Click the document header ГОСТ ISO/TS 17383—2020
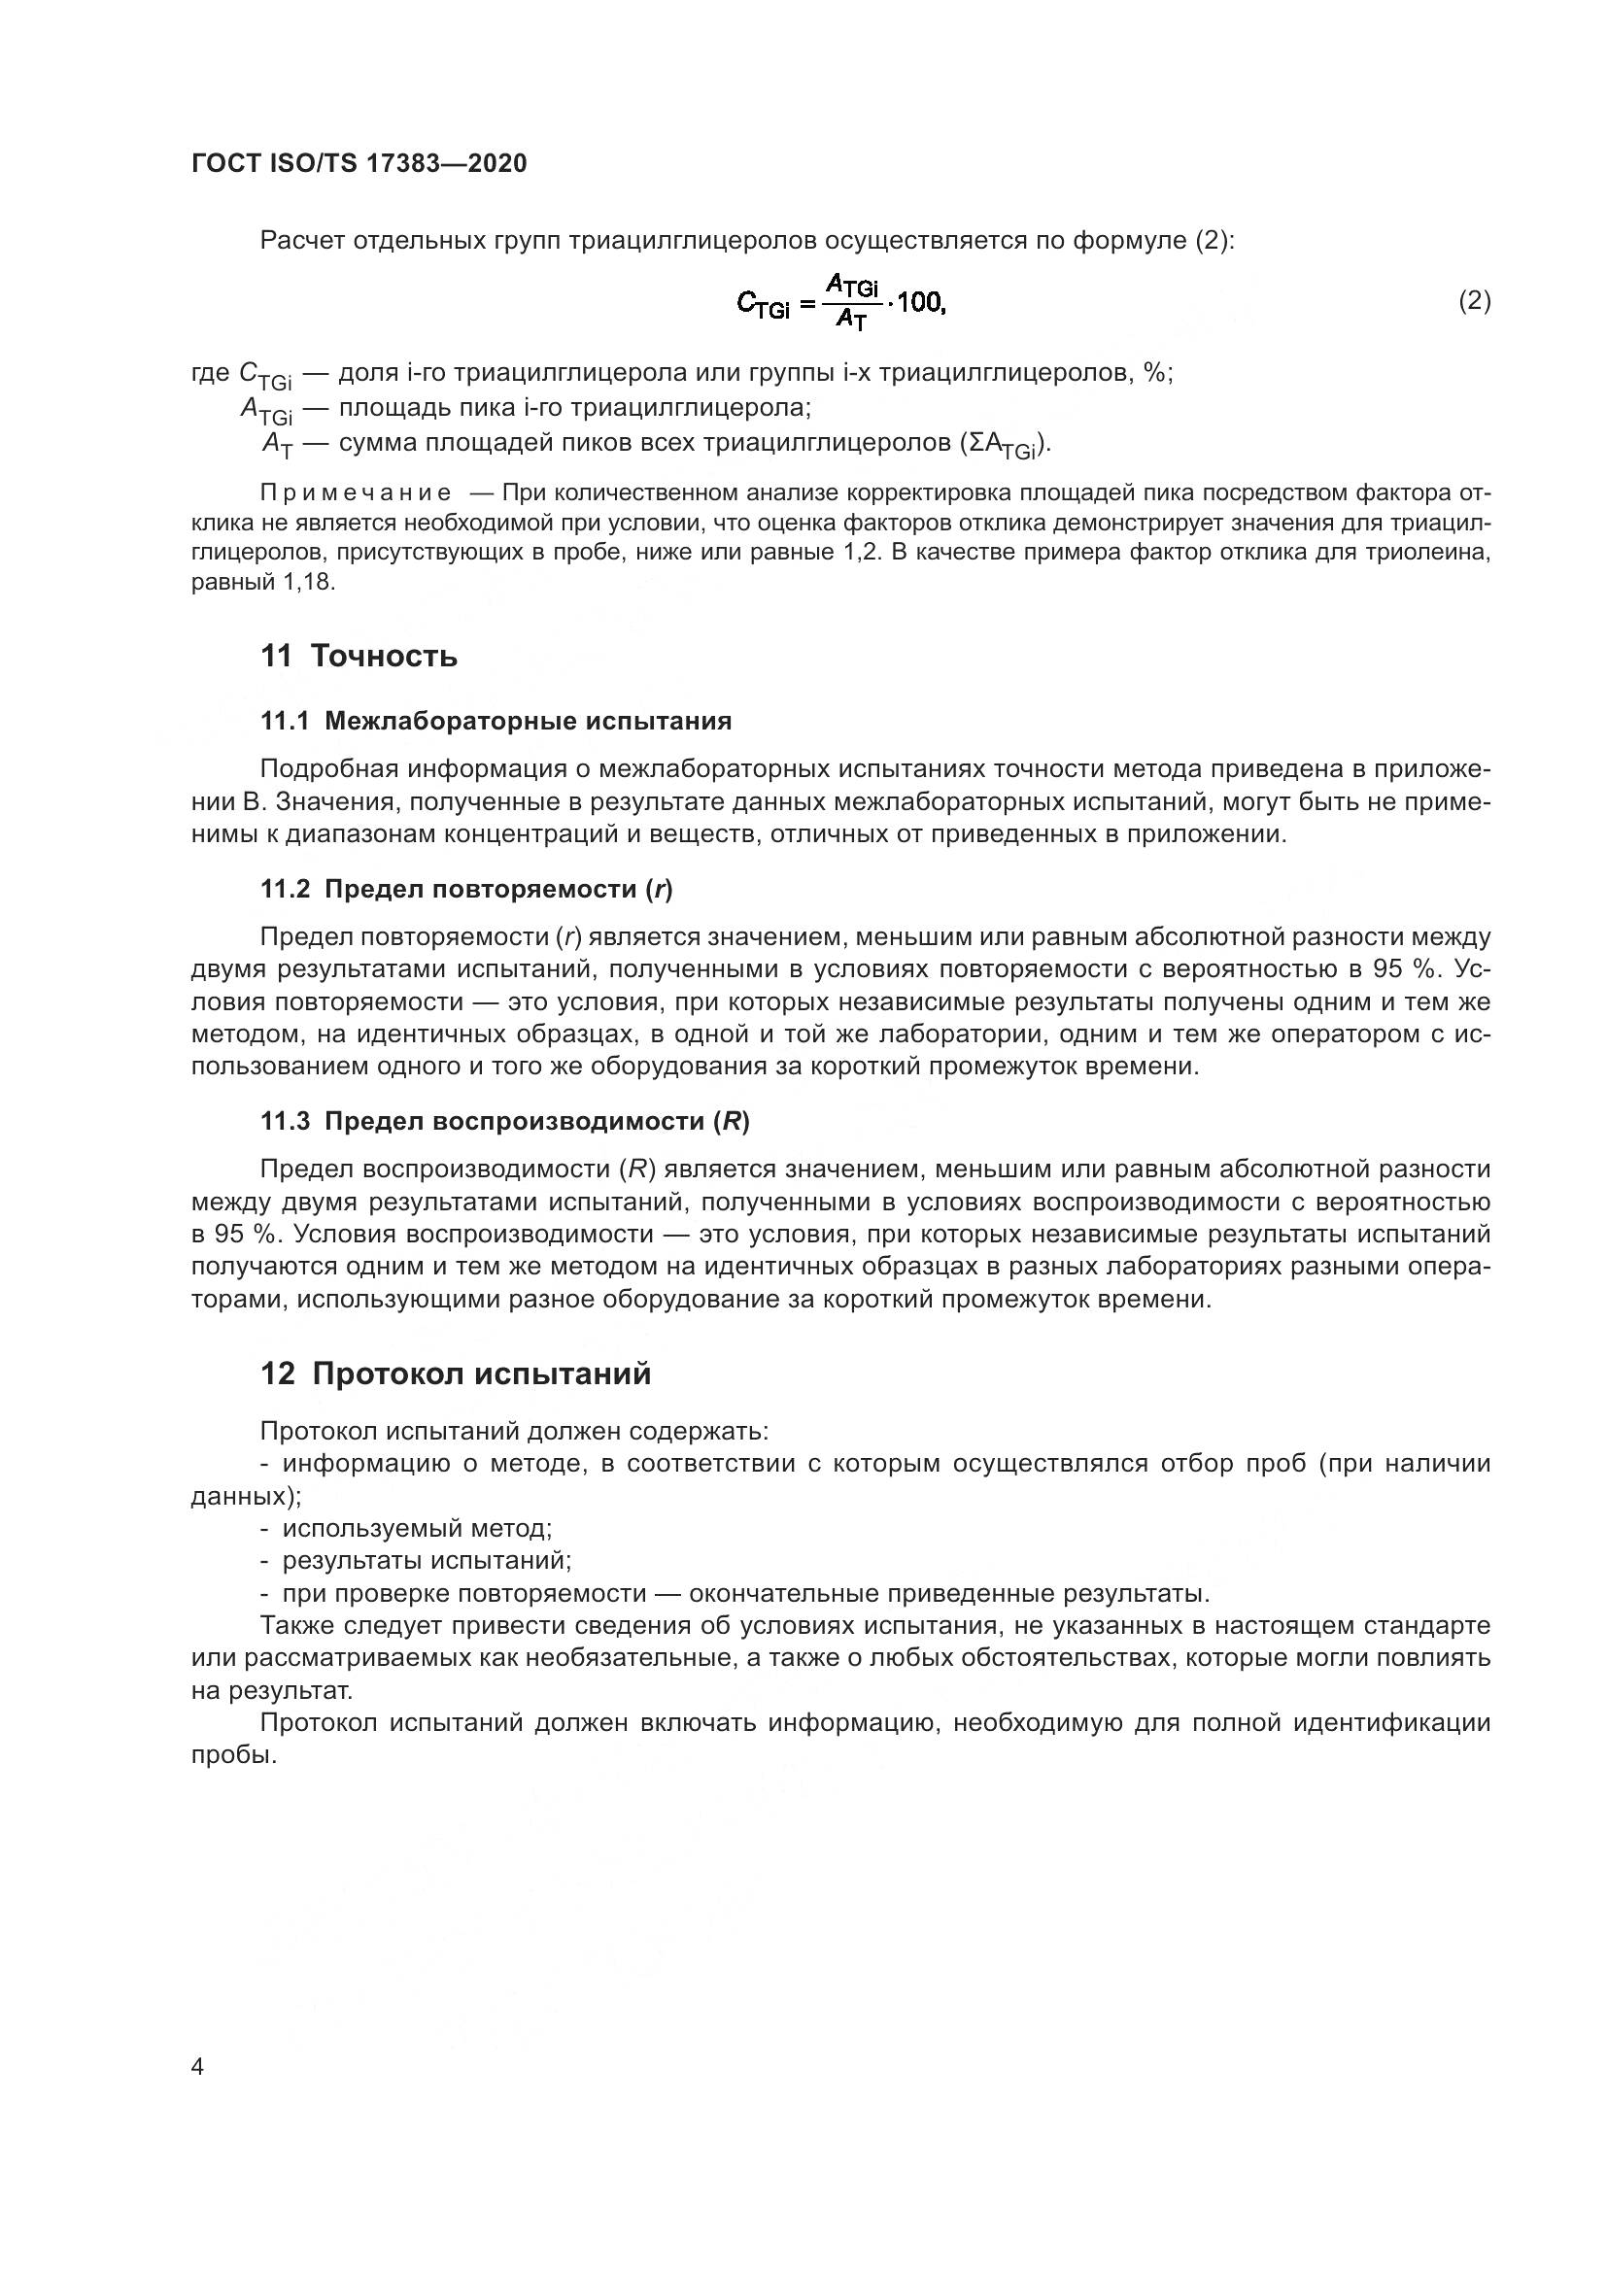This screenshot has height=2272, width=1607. [x=359, y=164]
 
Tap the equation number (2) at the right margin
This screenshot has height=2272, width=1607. [x=1475, y=301]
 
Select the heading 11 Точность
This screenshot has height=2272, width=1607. [x=359, y=656]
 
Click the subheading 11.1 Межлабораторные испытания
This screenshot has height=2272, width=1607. [x=496, y=722]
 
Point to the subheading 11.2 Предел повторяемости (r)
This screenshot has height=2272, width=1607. [x=466, y=890]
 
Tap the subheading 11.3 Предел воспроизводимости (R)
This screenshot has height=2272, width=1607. [x=504, y=1121]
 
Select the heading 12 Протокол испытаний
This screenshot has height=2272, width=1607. [x=457, y=1373]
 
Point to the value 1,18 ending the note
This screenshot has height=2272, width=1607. [x=309, y=583]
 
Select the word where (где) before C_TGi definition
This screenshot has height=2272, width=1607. [x=211, y=374]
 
